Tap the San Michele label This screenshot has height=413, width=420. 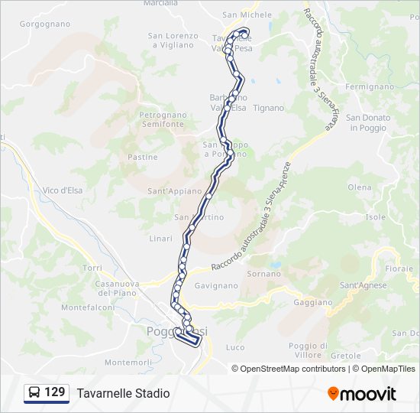point(247,15)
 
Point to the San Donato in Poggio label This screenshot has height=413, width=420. point(368,122)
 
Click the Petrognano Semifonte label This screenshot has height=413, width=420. point(162,119)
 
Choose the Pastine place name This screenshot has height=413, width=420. point(143,157)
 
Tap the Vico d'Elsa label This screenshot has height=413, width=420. point(63,190)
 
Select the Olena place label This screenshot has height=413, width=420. point(359,187)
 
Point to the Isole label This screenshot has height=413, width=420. point(376,217)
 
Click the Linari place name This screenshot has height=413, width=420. point(161,239)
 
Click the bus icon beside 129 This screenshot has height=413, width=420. point(34,393)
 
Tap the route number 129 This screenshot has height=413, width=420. point(55,392)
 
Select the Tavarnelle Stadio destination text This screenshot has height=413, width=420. point(123,394)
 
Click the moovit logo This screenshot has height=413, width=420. point(362,394)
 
